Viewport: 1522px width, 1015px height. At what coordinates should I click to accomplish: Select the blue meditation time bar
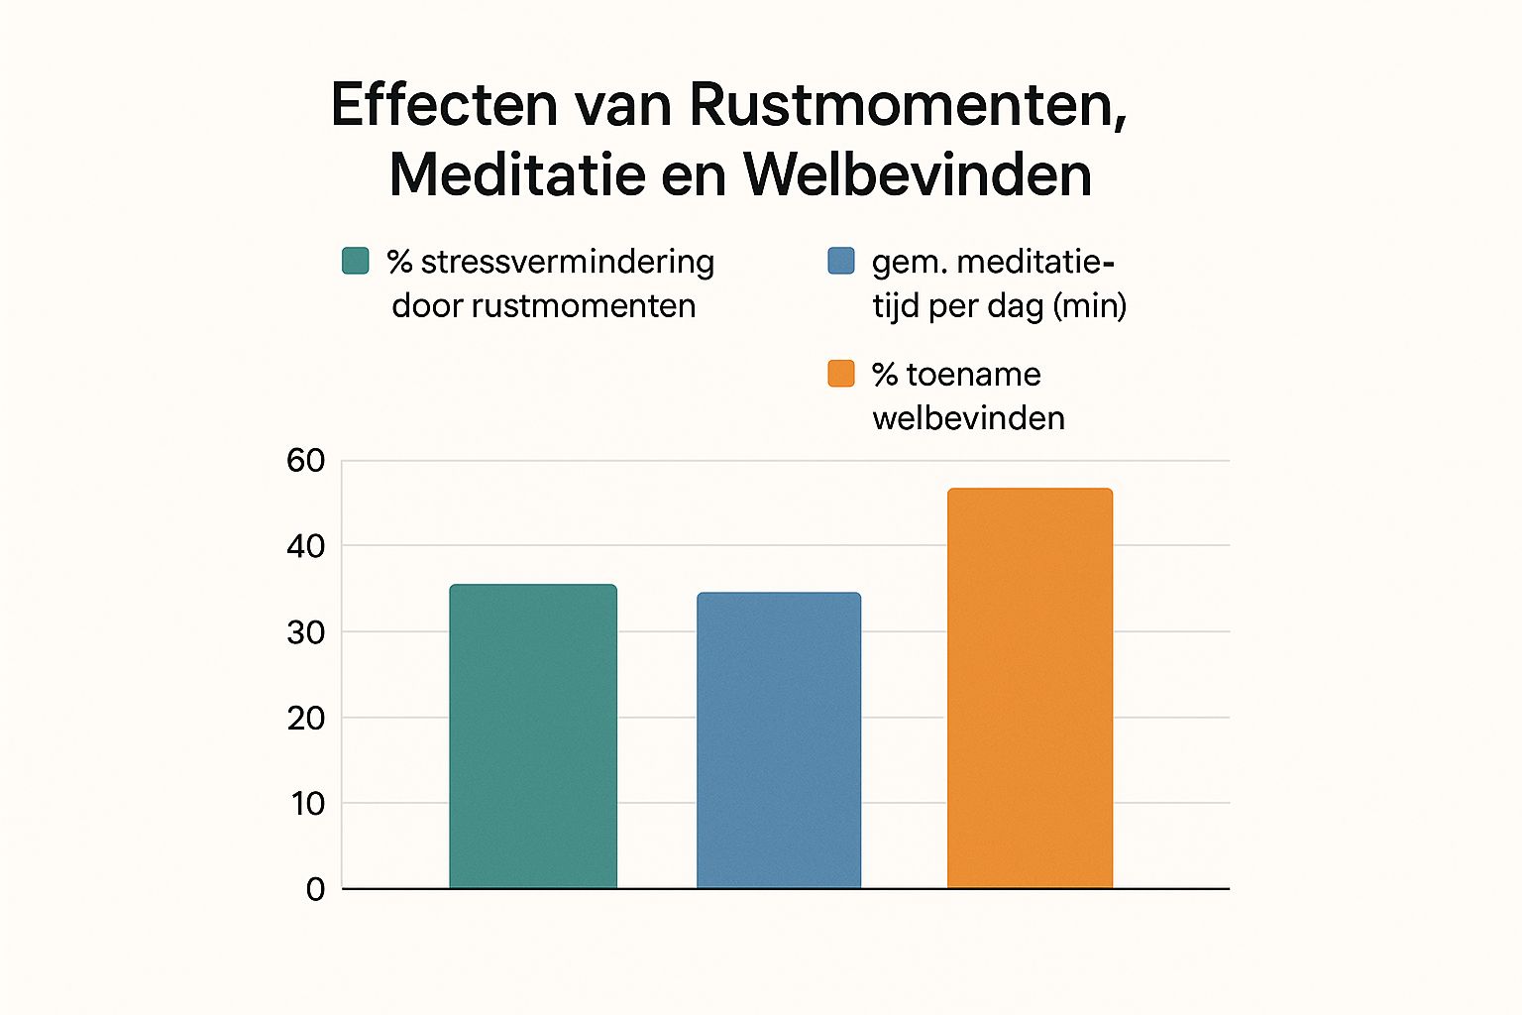(x=779, y=740)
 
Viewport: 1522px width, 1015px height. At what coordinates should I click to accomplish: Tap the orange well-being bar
(x=1030, y=688)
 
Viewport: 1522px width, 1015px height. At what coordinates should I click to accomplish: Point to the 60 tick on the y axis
(x=305, y=461)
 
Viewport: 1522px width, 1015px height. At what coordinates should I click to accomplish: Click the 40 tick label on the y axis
(x=305, y=546)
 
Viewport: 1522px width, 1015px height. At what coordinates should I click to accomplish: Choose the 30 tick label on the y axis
(x=305, y=632)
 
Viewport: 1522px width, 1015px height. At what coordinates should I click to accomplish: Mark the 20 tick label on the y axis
(x=305, y=718)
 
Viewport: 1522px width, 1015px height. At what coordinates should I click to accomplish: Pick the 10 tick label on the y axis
(x=307, y=804)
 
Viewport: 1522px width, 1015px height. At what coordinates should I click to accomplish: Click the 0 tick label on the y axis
(x=315, y=890)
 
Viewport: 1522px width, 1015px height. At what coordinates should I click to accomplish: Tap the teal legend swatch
(x=355, y=261)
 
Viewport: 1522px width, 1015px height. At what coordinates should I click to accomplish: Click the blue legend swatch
(x=840, y=261)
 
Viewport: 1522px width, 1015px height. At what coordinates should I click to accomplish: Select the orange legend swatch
(x=840, y=374)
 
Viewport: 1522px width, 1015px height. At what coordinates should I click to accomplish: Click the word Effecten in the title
(x=445, y=104)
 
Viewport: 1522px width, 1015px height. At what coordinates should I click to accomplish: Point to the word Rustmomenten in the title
(x=908, y=104)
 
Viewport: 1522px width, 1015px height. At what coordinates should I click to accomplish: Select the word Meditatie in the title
(x=516, y=175)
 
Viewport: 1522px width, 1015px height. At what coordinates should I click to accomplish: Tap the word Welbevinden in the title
(x=918, y=175)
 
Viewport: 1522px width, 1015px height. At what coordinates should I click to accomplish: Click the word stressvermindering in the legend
(x=567, y=263)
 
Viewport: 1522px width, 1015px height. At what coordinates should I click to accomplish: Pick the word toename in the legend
(x=973, y=375)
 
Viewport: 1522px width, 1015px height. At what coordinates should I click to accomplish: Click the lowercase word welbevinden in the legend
(x=968, y=418)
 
